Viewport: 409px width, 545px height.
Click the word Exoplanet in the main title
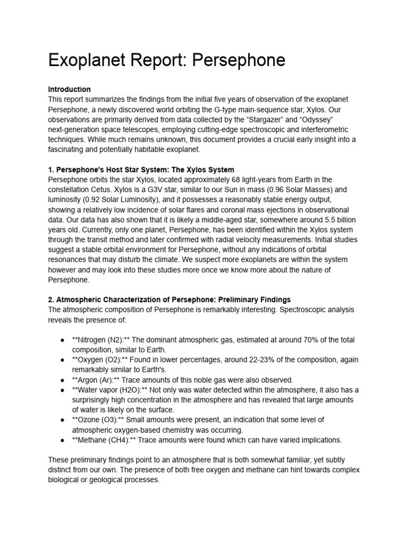pyautogui.click(x=85, y=60)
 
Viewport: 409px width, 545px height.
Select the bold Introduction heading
pyautogui.click(x=69, y=89)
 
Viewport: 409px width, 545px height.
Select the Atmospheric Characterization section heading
pyautogui.click(x=169, y=300)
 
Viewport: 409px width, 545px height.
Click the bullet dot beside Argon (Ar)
pyautogui.click(x=62, y=380)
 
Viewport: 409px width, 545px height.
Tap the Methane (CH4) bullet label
pyautogui.click(x=100, y=440)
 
